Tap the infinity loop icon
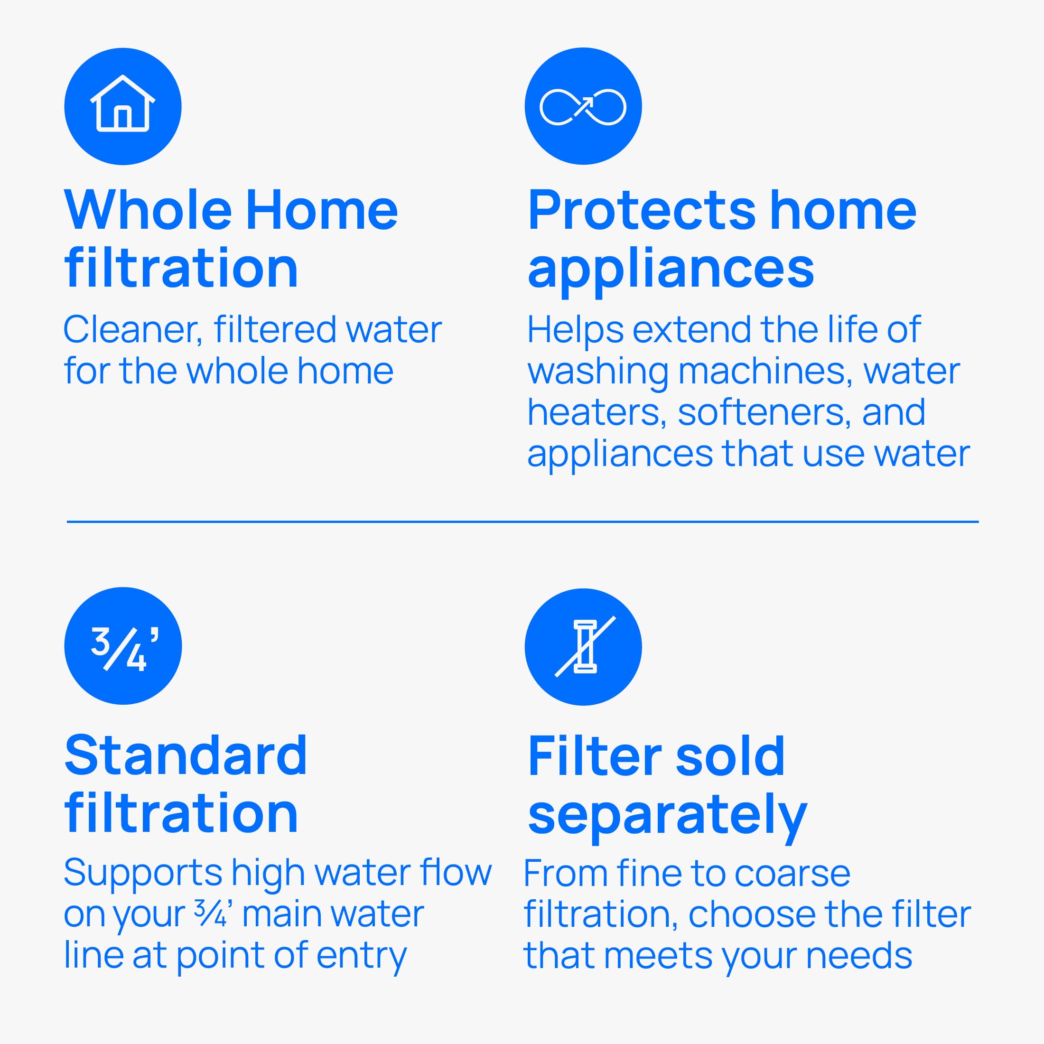583,106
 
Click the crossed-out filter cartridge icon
585,646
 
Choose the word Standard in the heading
186,755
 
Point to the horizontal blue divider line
522,522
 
